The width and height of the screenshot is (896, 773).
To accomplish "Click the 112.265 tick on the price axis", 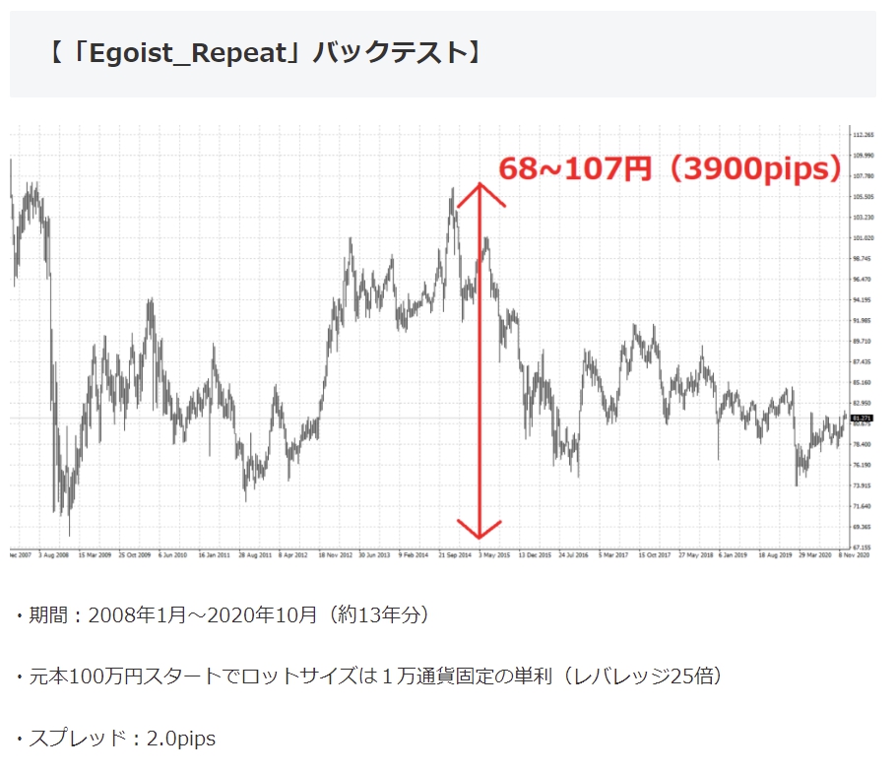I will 863,135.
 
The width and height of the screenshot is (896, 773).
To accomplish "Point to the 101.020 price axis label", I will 863,237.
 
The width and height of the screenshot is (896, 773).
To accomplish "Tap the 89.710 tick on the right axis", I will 863,341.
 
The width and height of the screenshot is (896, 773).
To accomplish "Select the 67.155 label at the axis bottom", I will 863,547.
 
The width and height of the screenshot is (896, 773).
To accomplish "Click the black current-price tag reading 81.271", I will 863,419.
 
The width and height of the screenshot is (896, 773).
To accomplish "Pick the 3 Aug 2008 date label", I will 53,555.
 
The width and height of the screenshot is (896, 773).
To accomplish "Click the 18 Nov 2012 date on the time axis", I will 336,555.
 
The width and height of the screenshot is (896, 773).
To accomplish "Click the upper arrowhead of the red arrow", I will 480,187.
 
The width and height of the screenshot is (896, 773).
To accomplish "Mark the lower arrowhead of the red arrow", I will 480,535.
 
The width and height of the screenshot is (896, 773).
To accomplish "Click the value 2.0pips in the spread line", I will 180,738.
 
